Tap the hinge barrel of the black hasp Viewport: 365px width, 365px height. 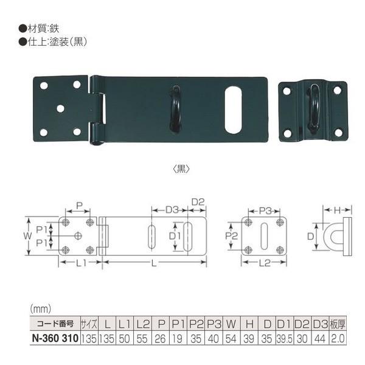tap(96, 111)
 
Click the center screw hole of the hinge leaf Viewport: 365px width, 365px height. tap(60, 109)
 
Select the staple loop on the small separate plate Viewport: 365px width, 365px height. tap(313, 110)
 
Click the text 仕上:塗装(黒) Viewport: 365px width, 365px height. tap(55, 42)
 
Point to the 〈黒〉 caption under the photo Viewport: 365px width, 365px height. tap(182, 170)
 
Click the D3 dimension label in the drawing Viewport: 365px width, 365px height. tap(172, 210)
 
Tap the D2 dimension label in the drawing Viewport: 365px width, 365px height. tap(198, 202)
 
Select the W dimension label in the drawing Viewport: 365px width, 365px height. tap(27, 234)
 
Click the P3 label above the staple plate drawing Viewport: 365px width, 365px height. tap(264, 210)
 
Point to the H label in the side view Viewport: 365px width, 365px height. tap(336, 210)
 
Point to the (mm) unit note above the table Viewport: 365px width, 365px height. tap(41, 308)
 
